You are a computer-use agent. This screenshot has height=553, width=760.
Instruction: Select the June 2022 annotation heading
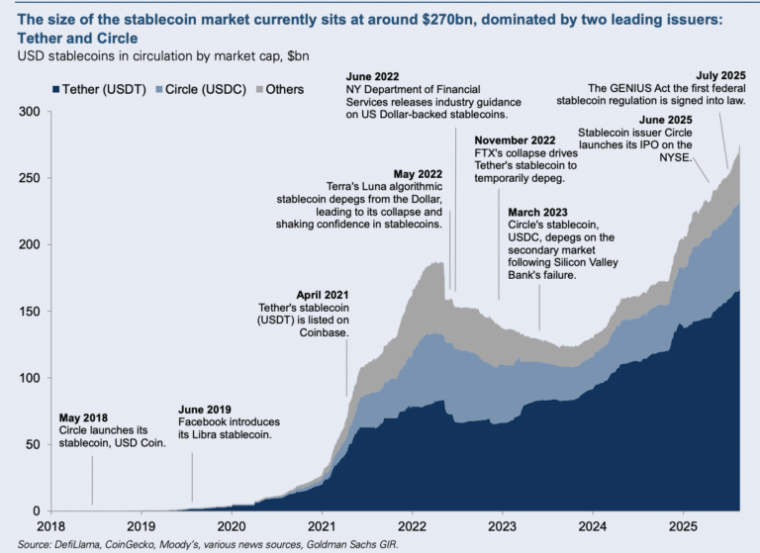coord(374,77)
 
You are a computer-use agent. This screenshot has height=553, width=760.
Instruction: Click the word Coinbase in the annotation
coord(324,333)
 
